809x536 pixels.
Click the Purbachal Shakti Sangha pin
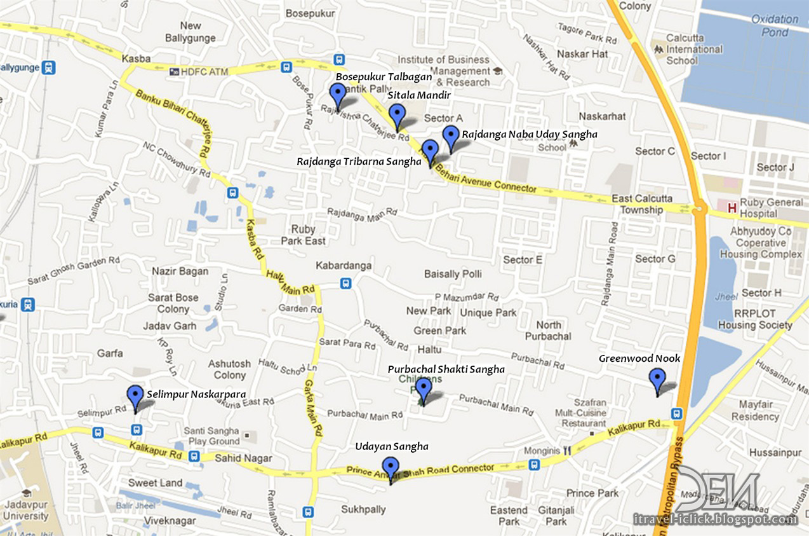(x=424, y=389)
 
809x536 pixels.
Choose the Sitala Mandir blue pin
(x=398, y=116)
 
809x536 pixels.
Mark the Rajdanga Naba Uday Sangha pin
(x=450, y=137)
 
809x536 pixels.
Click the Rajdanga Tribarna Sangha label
(x=359, y=161)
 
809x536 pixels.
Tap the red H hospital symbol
(x=732, y=207)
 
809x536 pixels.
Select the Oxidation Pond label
(x=775, y=25)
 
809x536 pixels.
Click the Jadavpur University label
(x=26, y=509)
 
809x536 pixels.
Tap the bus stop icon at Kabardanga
(x=345, y=284)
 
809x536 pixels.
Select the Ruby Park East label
(x=304, y=235)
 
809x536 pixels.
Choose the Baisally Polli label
(x=453, y=273)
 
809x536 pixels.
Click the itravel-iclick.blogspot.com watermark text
(x=715, y=519)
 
